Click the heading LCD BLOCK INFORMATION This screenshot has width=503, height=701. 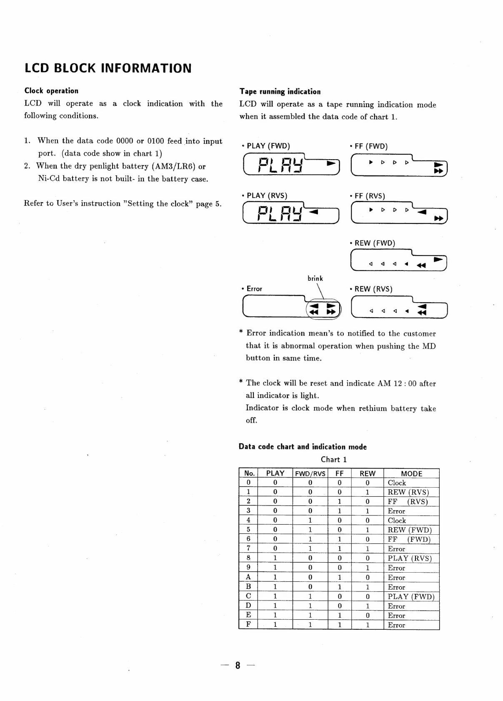point(108,68)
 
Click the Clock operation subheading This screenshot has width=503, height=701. point(51,91)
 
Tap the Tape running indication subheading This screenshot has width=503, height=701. point(280,92)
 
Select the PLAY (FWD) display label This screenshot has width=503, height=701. point(268,146)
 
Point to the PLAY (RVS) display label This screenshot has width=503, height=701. point(267,195)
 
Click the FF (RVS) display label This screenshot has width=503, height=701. point(369,196)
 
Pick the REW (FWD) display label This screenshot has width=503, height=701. point(374,243)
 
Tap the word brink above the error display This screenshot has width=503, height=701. point(315,278)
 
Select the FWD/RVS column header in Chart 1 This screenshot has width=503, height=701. point(310,473)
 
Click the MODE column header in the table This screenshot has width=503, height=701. point(411,473)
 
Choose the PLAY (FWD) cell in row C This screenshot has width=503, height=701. point(411,596)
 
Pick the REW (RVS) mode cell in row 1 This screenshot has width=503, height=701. point(408,492)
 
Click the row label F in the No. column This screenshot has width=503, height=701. point(248,624)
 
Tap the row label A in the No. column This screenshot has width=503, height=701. point(248,577)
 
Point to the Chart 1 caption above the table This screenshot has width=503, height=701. point(334,460)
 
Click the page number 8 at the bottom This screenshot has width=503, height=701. point(238,666)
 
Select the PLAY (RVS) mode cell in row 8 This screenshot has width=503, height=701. point(410,558)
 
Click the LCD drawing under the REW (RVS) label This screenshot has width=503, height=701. point(399,308)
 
